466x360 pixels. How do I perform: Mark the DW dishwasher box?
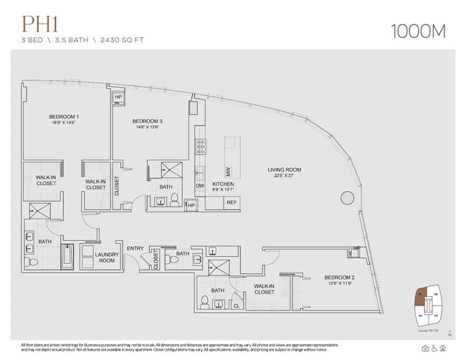pyautogui.click(x=200, y=186)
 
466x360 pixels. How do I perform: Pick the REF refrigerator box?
pyautogui.click(x=231, y=202)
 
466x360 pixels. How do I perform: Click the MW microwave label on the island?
pyautogui.click(x=228, y=171)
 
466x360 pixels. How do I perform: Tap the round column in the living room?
pyautogui.click(x=347, y=196)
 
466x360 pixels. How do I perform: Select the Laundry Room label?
pyautogui.click(x=107, y=257)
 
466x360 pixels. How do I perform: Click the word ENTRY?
pyautogui.click(x=135, y=248)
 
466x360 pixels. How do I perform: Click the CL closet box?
pyautogui.click(x=237, y=305)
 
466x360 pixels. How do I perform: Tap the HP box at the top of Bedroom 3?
pyautogui.click(x=118, y=98)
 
